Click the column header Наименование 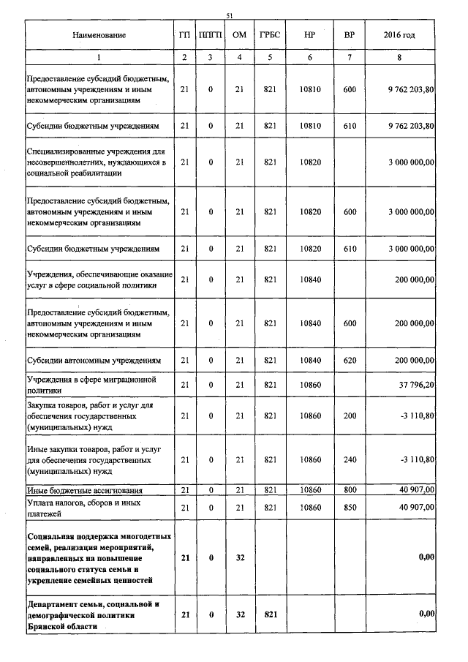pyautogui.click(x=99, y=35)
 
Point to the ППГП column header pyautogui.click(x=211, y=35)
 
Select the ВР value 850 pyautogui.click(x=349, y=507)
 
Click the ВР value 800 pyautogui.click(x=349, y=489)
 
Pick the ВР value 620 pyautogui.click(x=349, y=361)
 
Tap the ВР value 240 pyautogui.click(x=349, y=459)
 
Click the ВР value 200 pyautogui.click(x=349, y=415)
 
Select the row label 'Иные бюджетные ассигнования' pyautogui.click(x=84, y=489)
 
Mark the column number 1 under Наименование pyautogui.click(x=99, y=57)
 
